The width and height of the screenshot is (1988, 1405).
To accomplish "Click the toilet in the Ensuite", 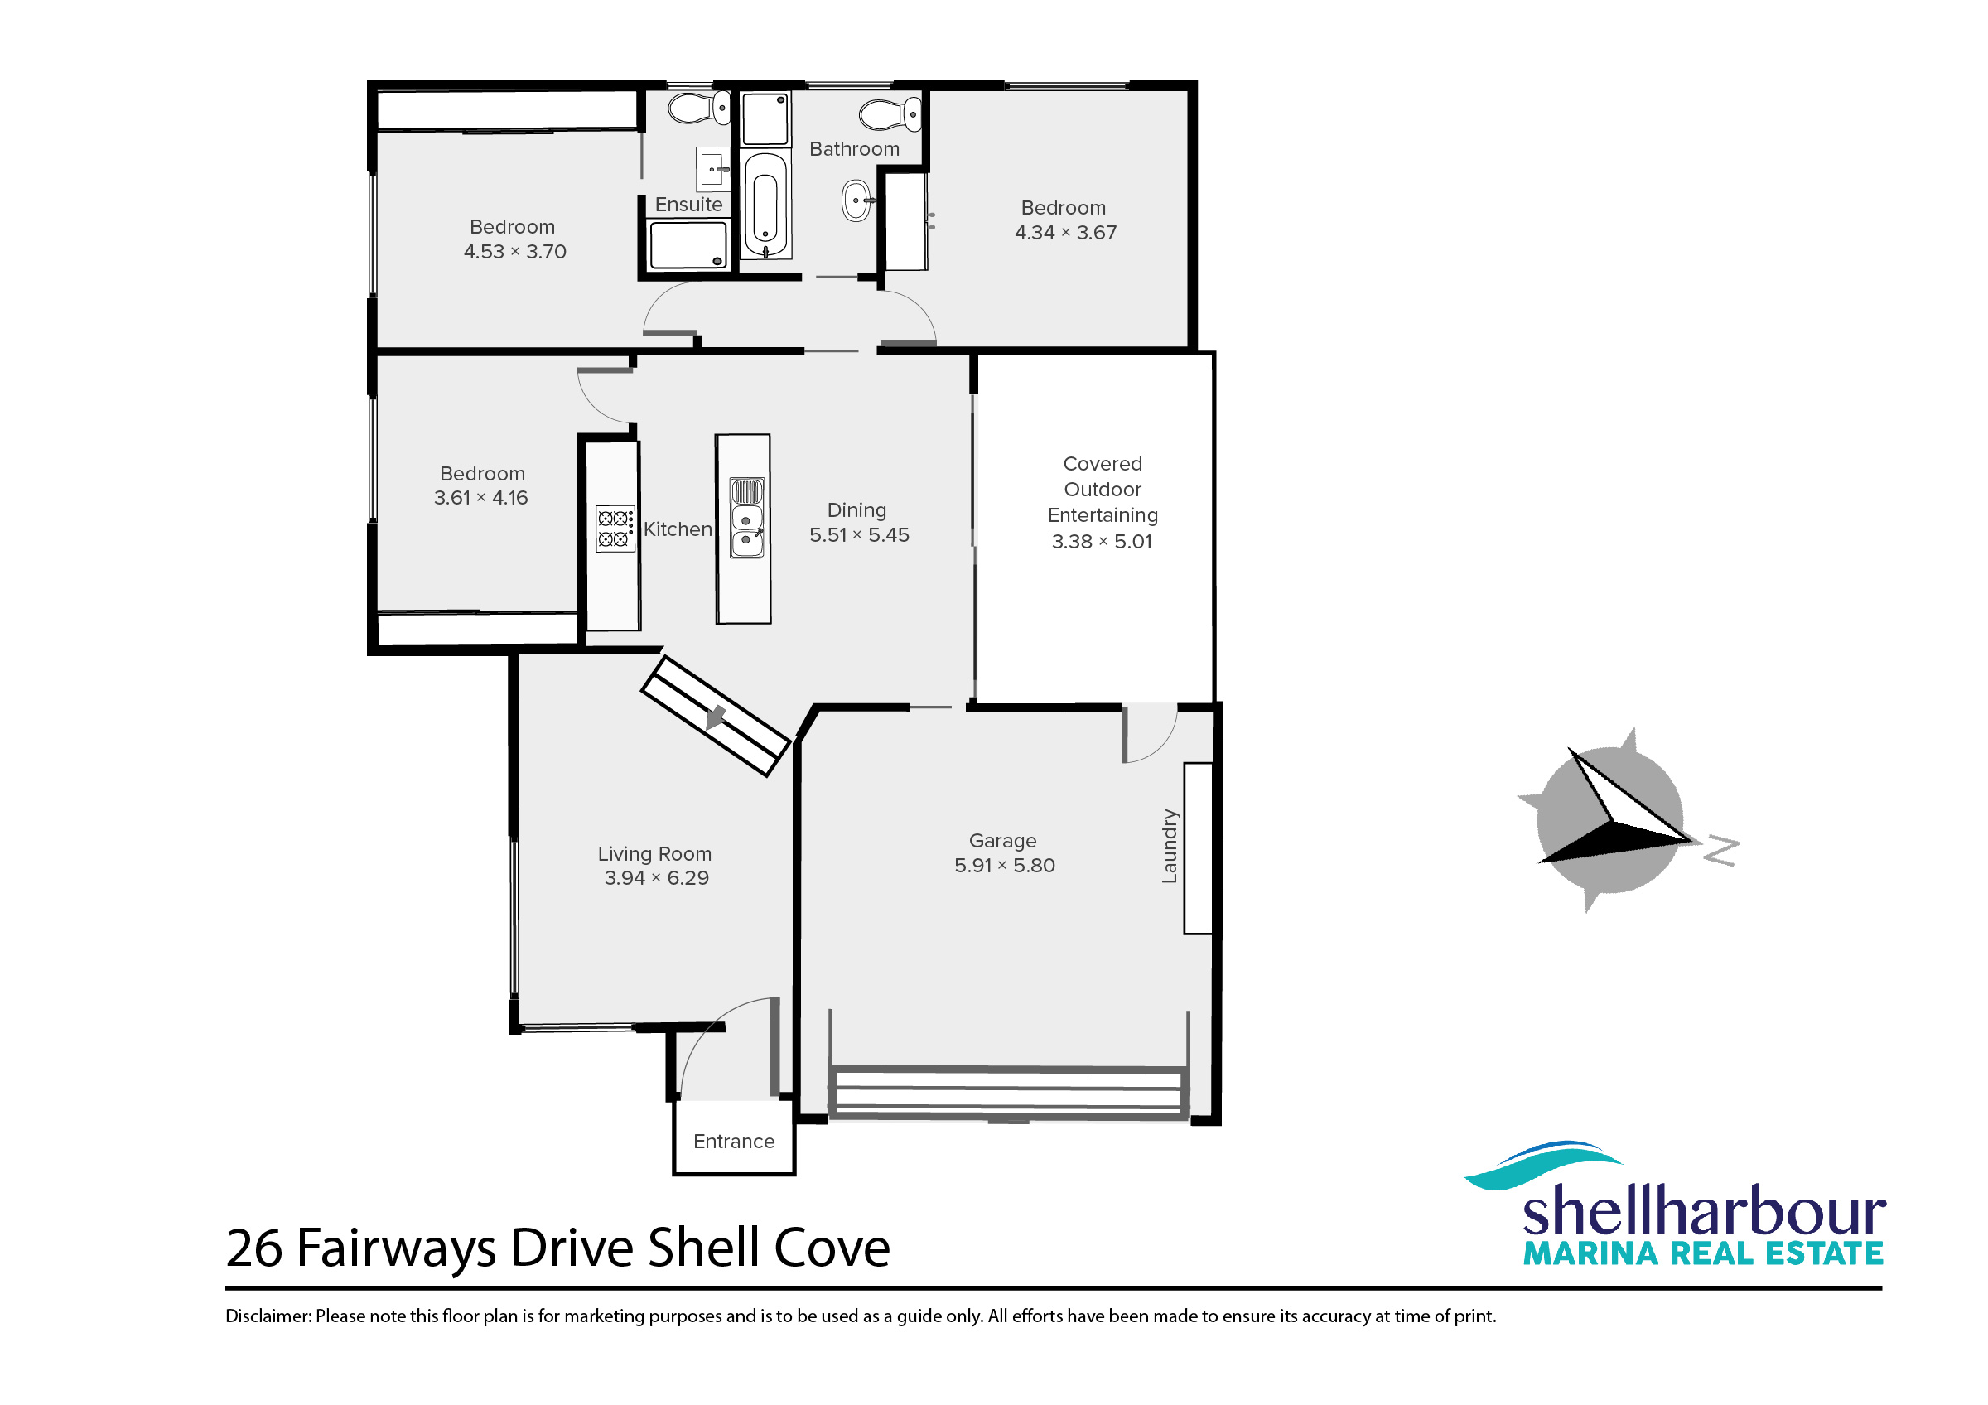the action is click(700, 109).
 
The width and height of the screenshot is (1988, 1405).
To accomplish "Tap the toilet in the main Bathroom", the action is click(890, 114).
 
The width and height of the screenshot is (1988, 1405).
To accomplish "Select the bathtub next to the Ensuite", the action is click(765, 205).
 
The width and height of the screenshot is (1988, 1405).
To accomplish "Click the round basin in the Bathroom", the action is click(857, 200).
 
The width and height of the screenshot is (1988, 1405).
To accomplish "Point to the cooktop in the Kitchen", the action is click(615, 529).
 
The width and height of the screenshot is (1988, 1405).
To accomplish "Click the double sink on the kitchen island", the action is click(746, 518).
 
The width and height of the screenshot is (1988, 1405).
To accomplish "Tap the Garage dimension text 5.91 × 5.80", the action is click(1005, 865).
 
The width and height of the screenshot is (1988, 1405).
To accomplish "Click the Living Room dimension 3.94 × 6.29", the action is click(656, 878).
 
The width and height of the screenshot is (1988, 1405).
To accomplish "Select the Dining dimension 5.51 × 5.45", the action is click(859, 535).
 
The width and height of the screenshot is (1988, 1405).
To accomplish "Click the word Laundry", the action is click(1170, 846).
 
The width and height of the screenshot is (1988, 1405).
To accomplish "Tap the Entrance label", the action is click(733, 1141).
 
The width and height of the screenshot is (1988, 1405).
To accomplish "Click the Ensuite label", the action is click(688, 205).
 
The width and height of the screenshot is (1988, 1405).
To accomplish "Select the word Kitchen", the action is click(678, 529).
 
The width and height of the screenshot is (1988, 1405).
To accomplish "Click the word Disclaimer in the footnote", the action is click(268, 1316).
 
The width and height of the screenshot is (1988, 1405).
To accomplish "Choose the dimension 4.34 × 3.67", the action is click(1065, 232).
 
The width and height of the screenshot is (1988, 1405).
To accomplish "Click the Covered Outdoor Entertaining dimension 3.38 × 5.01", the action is click(1103, 541).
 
